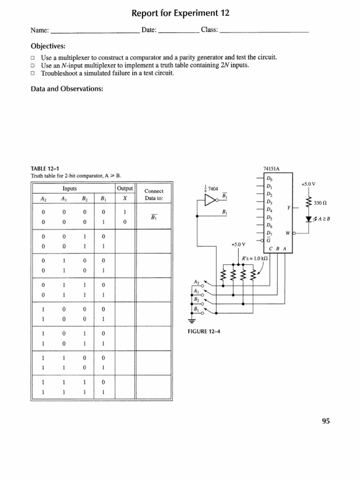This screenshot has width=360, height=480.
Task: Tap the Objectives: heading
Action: tap(48, 46)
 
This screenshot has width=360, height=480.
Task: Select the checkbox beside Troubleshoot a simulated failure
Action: tap(33, 74)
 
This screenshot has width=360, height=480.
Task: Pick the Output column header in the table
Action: tap(125, 188)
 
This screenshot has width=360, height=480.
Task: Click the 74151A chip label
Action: tap(272, 169)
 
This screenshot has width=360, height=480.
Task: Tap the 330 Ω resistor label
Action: tap(321, 203)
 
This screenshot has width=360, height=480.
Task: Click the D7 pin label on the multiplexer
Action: tap(269, 233)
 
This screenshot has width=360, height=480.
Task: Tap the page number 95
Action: tap(326, 421)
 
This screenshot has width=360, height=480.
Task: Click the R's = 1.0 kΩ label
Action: tap(255, 259)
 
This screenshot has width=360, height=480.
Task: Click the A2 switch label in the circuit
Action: tap(196, 281)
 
